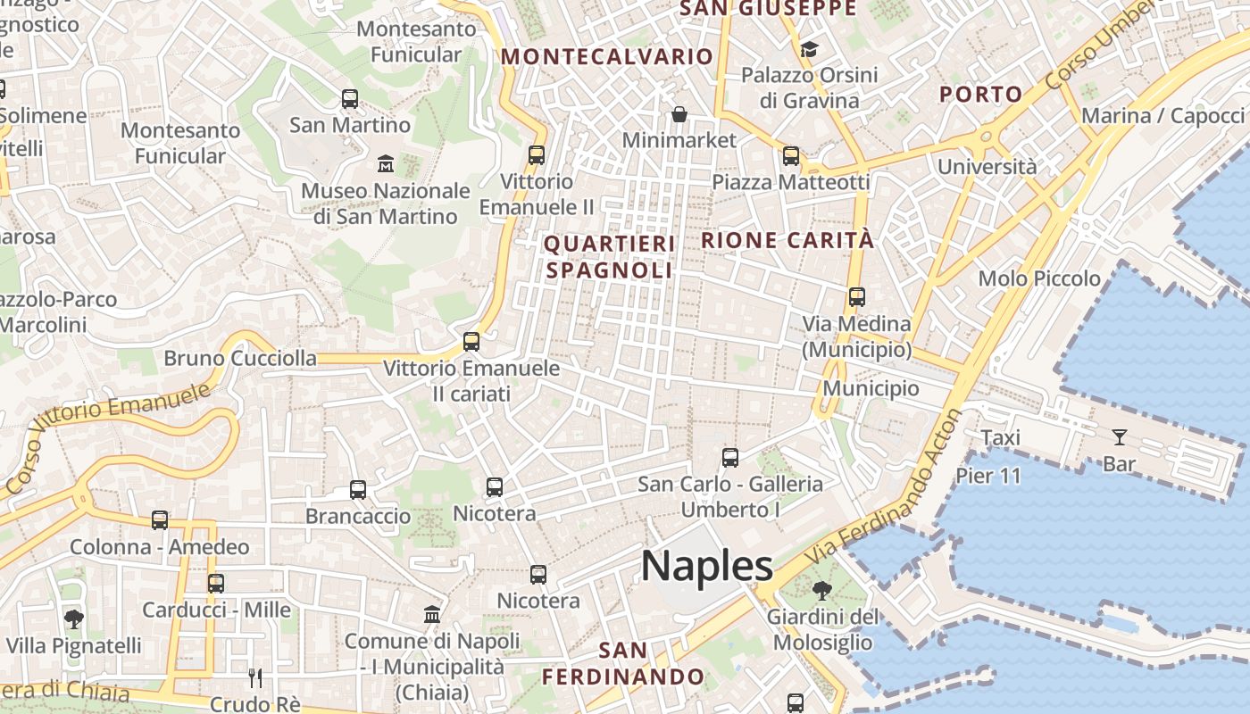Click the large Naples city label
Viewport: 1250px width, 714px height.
[707, 566]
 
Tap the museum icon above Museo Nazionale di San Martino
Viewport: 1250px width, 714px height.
[386, 164]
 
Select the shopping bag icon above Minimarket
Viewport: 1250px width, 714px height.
[679, 114]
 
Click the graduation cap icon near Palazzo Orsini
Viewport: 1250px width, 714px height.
[809, 49]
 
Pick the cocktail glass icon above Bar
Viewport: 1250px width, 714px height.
[1119, 437]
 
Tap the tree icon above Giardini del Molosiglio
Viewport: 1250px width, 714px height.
[821, 590]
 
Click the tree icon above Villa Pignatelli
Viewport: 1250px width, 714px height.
[74, 619]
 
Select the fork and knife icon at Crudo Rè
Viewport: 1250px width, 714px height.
[255, 677]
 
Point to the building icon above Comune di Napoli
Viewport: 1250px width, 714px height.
[432, 614]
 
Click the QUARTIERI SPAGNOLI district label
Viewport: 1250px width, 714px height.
[609, 257]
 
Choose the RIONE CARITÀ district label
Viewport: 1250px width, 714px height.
[787, 240]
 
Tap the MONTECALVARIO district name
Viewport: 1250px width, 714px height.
[607, 57]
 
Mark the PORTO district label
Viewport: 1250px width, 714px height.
[981, 95]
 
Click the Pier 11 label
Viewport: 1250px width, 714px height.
[988, 476]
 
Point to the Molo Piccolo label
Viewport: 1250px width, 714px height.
[1039, 278]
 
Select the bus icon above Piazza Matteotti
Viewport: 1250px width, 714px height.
[791, 156]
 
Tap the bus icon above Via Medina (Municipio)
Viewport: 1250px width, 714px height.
[857, 297]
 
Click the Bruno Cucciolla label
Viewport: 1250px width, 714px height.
[240, 359]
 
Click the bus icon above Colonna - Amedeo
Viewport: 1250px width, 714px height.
[160, 520]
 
